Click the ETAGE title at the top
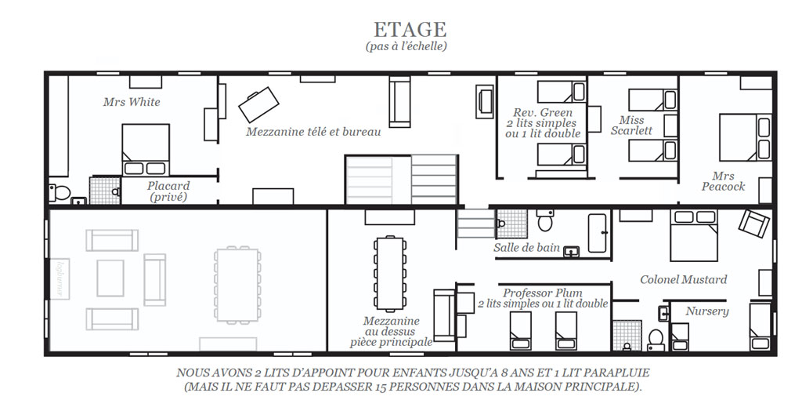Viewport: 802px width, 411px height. click(410, 29)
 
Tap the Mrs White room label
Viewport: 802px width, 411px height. click(132, 101)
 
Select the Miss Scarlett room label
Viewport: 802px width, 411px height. click(632, 125)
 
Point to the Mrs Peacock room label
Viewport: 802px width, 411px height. click(723, 181)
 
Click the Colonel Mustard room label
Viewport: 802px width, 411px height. click(683, 279)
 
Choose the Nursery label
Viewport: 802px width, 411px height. click(707, 311)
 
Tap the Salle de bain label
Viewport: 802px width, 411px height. click(526, 248)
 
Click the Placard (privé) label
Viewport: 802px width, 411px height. click(168, 191)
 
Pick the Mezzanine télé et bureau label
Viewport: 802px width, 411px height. click(313, 132)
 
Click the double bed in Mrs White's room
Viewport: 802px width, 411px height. click(146, 150)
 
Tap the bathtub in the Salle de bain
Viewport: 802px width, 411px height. click(598, 233)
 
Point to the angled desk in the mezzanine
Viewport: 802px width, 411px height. click(258, 104)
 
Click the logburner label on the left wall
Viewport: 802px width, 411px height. click(60, 279)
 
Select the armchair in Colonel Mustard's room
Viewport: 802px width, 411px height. click(754, 223)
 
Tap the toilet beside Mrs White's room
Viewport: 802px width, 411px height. click(59, 192)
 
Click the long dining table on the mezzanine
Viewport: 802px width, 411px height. click(392, 273)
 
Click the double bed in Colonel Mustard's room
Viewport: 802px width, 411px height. click(695, 235)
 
